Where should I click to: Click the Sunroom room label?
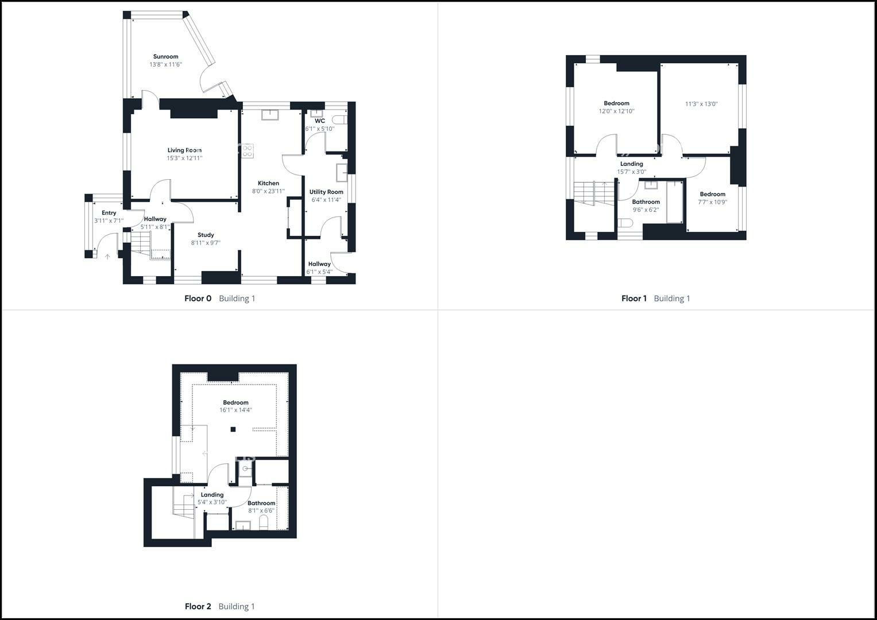click(165, 57)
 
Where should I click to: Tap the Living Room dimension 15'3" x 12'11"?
click(184, 158)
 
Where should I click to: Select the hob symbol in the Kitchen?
click(248, 151)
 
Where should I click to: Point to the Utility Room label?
click(326, 192)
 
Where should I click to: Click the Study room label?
click(206, 235)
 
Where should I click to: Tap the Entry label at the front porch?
click(109, 213)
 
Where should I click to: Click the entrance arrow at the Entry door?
click(107, 257)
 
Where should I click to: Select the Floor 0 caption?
click(198, 299)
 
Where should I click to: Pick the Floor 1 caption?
click(633, 299)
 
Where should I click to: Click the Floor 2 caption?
click(198, 607)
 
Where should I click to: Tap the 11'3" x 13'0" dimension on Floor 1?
click(701, 104)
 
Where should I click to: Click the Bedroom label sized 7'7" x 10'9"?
click(712, 194)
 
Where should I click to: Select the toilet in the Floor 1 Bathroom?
click(625, 223)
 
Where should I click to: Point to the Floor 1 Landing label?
click(631, 164)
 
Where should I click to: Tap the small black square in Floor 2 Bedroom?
click(233, 429)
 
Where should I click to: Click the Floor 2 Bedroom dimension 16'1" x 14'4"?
click(235, 410)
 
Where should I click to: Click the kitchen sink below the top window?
click(269, 115)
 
